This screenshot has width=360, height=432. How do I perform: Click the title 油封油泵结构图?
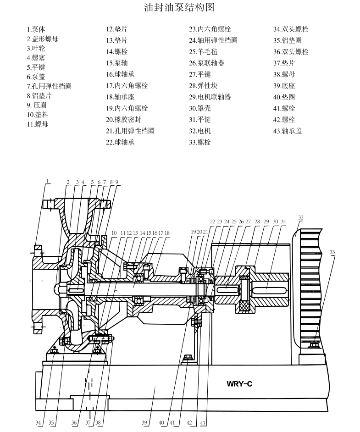pos(179,8)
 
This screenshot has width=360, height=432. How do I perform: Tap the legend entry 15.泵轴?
pos(117,63)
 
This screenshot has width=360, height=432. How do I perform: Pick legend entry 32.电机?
pos(200,131)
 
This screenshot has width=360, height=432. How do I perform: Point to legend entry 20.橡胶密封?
pos(123,119)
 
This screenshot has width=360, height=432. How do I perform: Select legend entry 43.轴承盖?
pos(287,131)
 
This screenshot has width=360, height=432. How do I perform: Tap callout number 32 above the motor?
pos(301,217)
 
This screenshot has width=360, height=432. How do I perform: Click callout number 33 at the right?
pos(332,252)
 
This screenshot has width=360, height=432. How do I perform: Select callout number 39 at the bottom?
pos(145,422)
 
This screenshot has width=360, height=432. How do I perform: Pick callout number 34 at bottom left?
pos(38,422)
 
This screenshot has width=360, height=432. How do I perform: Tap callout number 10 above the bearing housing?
pos(114,233)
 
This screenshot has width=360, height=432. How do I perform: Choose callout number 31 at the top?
pos(283,222)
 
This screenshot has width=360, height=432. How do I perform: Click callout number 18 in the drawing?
pos(167,233)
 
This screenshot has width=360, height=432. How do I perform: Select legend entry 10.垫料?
pos(37,115)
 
